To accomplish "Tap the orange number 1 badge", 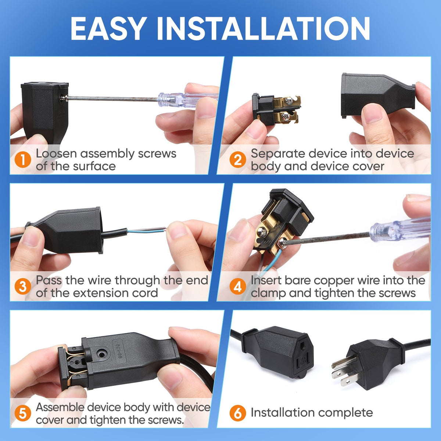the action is coord(23,160).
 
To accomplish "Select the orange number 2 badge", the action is coord(238,160).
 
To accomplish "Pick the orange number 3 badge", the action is coord(23,286).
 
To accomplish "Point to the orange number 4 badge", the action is coord(238,286).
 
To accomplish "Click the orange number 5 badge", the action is coord(23,413).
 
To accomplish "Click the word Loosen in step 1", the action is coord(56,153).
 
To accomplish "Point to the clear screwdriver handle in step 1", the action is coord(188,100).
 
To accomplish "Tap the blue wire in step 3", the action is coord(147,231).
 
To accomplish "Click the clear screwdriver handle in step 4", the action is coord(400,229).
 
